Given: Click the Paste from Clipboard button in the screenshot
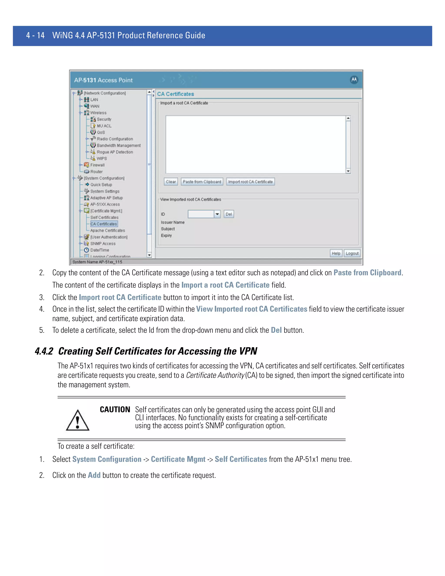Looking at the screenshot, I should (202, 182).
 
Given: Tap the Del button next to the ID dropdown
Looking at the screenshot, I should (229, 214).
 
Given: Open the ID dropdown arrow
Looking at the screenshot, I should (217, 214).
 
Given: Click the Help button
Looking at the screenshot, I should (336, 253).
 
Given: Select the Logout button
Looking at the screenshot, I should (352, 253).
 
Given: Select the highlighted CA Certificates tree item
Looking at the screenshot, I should (104, 224).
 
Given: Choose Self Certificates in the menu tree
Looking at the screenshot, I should (104, 217).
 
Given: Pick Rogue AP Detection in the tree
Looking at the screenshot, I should (115, 152).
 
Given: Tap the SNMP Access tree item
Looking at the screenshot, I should (103, 243).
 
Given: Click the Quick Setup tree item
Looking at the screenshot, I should (101, 185).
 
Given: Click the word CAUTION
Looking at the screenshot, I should (115, 409).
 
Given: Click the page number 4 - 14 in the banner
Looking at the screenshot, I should (35, 35).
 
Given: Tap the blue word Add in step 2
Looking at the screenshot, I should (94, 475).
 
